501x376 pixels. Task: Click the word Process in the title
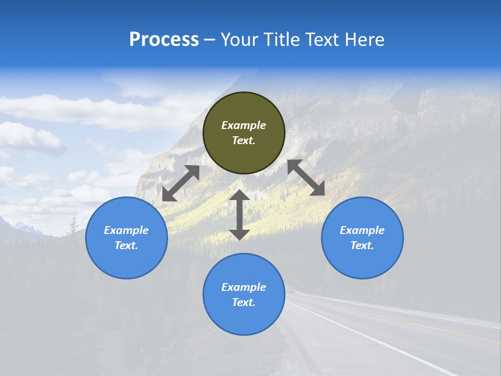(164, 40)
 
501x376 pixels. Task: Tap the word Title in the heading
(284, 40)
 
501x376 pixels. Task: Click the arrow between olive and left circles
(181, 183)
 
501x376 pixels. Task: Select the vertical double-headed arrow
(240, 215)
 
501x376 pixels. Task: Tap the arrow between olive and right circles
(306, 178)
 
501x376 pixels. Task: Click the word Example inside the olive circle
(244, 125)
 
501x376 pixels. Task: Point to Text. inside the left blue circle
(126, 246)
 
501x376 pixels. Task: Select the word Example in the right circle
(362, 230)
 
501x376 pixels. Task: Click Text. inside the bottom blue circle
(244, 303)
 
